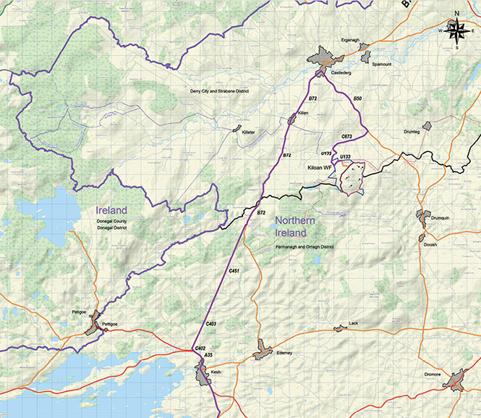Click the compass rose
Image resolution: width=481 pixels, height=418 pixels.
click(457, 30)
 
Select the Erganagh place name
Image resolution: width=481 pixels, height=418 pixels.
click(349, 41)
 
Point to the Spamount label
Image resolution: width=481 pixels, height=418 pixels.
click(381, 64)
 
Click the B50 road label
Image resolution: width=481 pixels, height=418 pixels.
click(357, 98)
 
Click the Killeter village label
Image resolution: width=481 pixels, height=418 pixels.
click(244, 135)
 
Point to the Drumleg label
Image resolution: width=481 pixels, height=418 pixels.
click(412, 132)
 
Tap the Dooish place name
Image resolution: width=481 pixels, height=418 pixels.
click(430, 245)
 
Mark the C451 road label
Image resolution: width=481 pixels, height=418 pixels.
click(234, 270)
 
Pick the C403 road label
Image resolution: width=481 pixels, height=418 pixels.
click(212, 323)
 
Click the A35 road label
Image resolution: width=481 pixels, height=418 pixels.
click(208, 355)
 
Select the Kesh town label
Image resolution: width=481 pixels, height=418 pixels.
click(215, 372)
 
